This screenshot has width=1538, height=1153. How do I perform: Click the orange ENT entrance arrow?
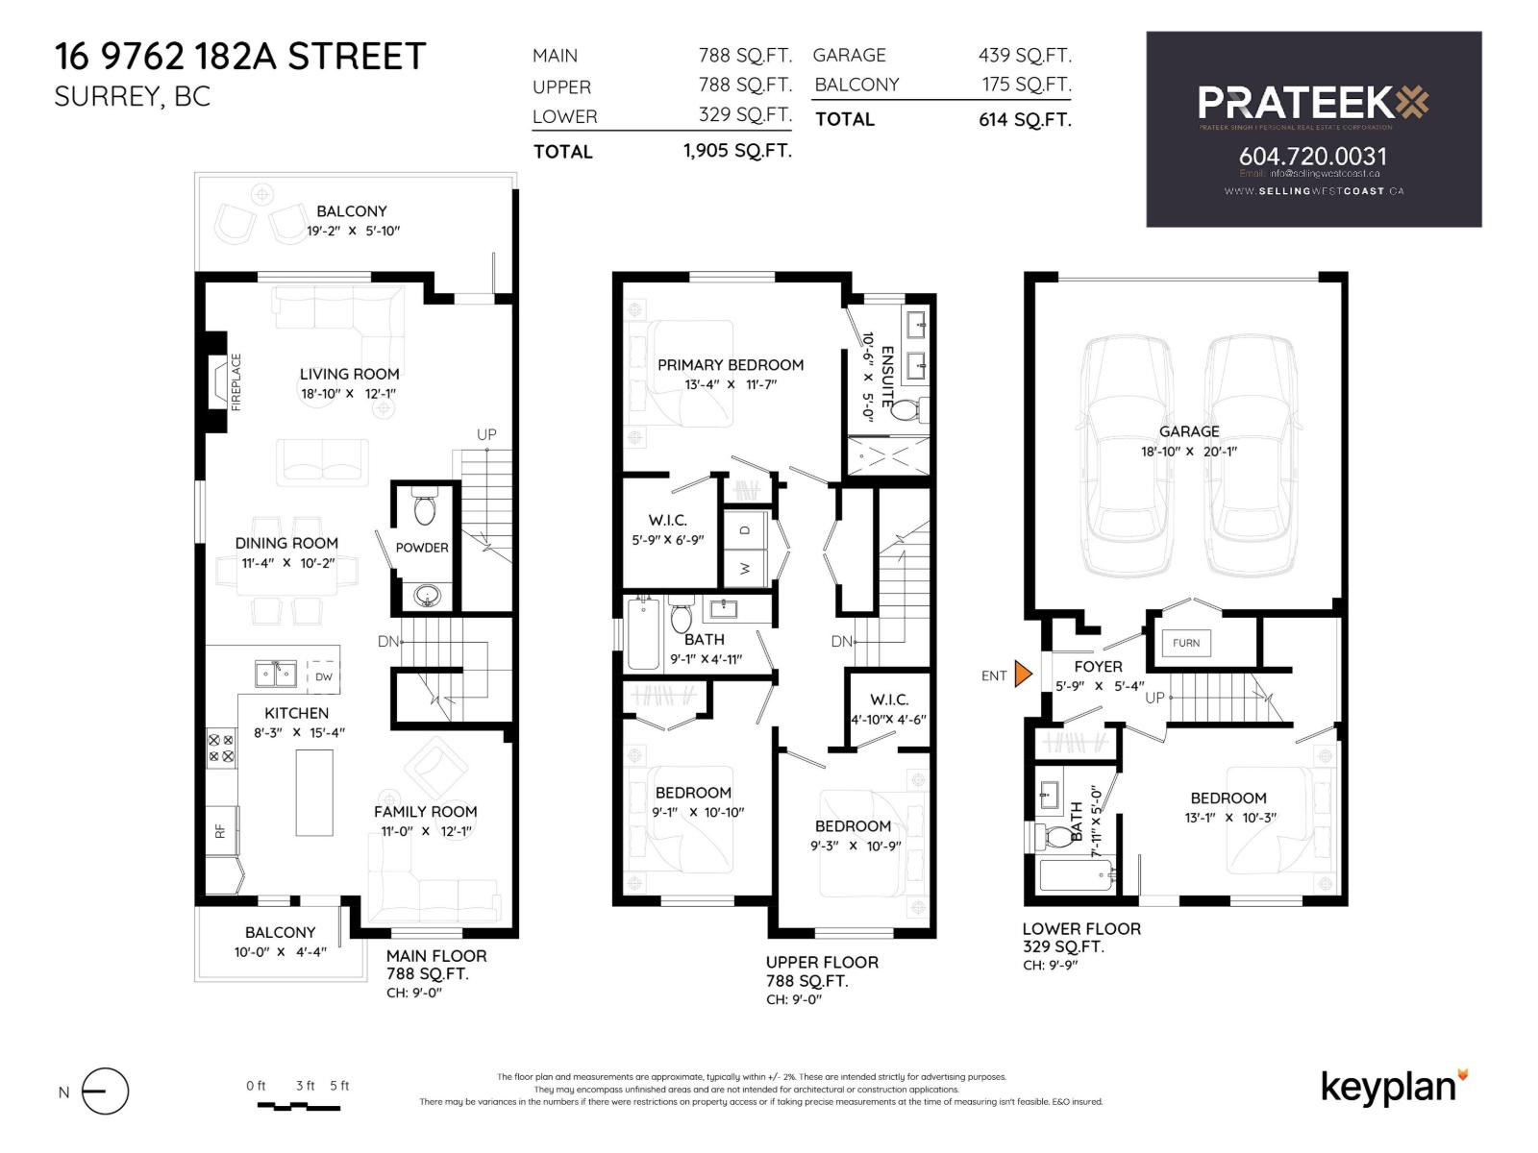(x=1023, y=675)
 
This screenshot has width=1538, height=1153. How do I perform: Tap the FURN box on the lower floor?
(x=1186, y=643)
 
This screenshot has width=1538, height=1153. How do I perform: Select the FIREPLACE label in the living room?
(x=236, y=381)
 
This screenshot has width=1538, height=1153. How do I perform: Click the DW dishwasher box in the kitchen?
(x=324, y=675)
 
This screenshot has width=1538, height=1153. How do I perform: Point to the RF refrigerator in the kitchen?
(x=220, y=831)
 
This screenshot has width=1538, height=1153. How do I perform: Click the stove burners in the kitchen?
(x=221, y=748)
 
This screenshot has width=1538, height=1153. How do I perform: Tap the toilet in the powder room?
(x=424, y=507)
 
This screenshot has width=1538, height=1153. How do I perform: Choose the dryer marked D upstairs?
(x=745, y=529)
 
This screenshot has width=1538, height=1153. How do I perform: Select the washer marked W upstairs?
(x=745, y=568)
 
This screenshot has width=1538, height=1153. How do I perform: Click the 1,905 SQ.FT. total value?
(x=737, y=151)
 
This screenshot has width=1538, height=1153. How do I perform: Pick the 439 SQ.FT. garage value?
(x=1025, y=55)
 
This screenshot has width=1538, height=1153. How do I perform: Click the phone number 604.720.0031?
(x=1312, y=156)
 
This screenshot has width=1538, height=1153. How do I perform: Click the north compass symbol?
(x=105, y=1092)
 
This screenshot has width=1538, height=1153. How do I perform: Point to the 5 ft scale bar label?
(x=339, y=1086)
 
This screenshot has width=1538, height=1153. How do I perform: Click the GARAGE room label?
(x=1189, y=431)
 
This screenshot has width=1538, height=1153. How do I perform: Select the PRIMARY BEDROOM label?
(x=731, y=364)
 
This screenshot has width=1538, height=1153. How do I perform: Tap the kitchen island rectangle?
(x=314, y=793)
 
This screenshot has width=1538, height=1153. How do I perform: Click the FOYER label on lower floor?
(x=1098, y=666)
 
